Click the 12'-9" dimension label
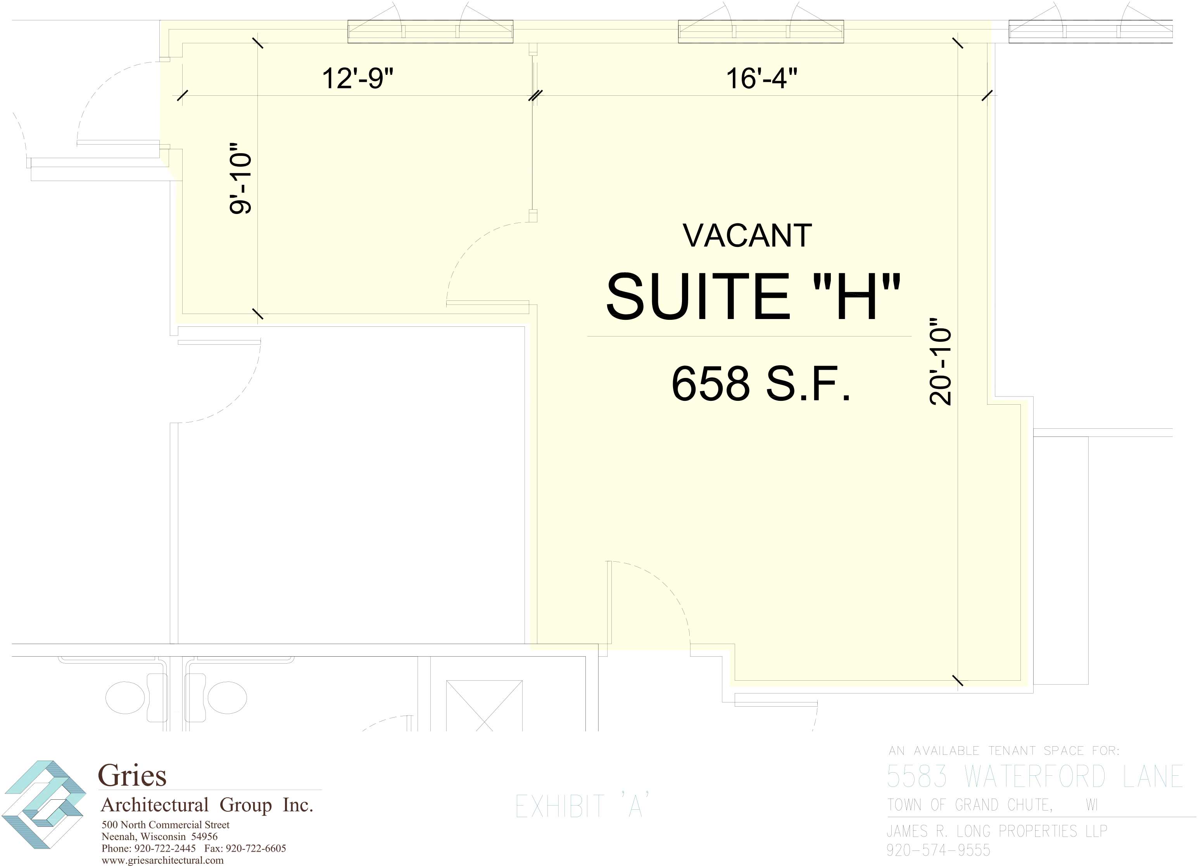357,78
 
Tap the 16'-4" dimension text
761,78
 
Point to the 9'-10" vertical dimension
240,178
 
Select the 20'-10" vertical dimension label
940,362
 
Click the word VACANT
747,236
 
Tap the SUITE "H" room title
753,297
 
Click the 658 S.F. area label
761,384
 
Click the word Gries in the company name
132,776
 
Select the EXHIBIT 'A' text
582,806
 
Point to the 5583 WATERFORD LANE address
1034,776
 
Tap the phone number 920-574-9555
938,850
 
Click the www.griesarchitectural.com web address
163,860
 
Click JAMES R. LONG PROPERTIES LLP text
996,831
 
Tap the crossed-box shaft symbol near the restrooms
484,706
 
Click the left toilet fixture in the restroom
126,697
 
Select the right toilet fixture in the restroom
226,697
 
